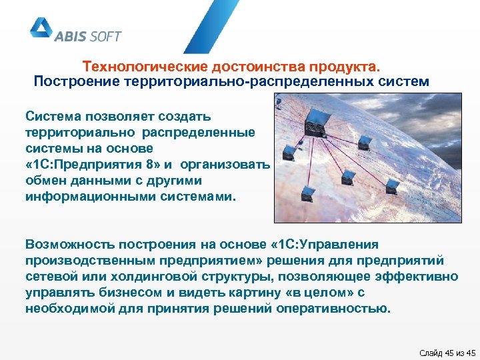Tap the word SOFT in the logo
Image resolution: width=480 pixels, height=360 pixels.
[101, 35]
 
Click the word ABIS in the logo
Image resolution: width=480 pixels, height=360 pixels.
[72, 35]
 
